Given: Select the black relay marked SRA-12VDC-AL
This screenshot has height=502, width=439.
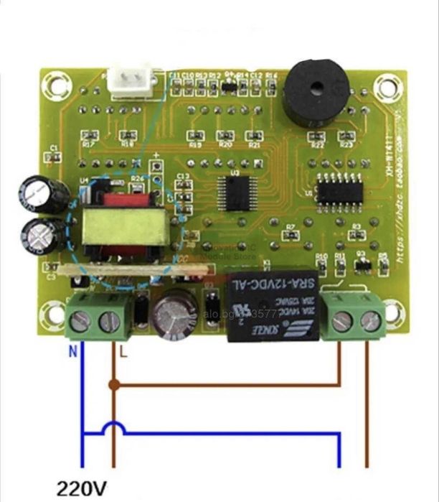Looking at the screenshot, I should coord(272,308).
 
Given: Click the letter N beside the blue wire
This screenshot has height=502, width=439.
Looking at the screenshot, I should coord(72,352).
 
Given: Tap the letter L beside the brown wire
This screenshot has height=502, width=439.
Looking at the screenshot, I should coord(123,352).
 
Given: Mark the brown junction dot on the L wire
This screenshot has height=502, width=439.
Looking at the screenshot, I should coord(114,384).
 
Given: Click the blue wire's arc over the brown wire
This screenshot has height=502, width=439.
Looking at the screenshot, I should coord(114,427).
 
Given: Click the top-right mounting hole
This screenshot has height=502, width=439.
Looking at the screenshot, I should coord(387,88).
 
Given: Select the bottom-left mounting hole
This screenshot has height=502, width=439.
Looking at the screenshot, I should coord(53,313).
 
